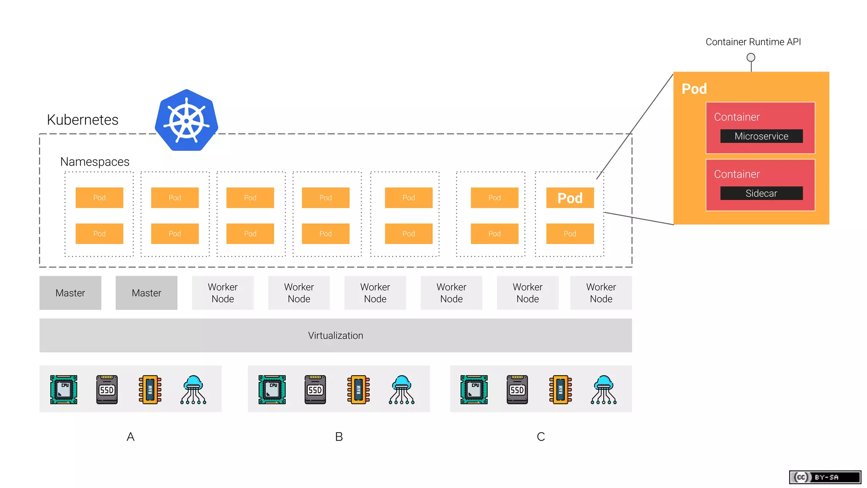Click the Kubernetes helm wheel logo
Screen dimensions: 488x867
(x=186, y=120)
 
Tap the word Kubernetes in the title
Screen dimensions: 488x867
(x=83, y=120)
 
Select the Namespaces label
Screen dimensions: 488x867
(x=94, y=162)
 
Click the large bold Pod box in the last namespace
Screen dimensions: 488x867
(x=570, y=198)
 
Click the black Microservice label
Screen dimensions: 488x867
(x=761, y=136)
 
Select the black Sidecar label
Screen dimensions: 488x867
(x=761, y=193)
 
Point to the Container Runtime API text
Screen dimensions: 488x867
(x=753, y=42)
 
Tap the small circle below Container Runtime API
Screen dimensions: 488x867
(x=751, y=57)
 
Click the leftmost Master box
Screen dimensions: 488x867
(x=70, y=293)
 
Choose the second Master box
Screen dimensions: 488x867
(x=146, y=293)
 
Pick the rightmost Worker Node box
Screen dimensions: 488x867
(x=601, y=293)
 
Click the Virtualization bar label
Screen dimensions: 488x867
(x=335, y=335)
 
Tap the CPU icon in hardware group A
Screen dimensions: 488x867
(x=64, y=389)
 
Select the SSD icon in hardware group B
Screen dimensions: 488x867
(x=315, y=389)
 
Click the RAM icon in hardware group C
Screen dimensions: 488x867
(x=561, y=389)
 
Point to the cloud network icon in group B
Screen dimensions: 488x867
(x=401, y=389)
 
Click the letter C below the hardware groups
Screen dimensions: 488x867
(x=541, y=437)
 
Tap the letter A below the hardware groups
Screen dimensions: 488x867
(x=130, y=437)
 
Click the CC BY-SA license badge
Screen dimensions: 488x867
(x=825, y=477)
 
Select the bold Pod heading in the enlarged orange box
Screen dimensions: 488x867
(x=694, y=89)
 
